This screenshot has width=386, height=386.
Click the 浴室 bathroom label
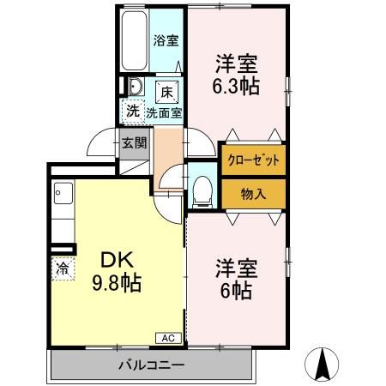[166, 39]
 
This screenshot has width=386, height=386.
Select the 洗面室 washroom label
[163, 112]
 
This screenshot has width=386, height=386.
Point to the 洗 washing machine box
[133, 110]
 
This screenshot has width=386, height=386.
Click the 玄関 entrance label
[133, 143]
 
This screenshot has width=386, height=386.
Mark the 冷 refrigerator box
[62, 268]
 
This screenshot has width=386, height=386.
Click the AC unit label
[168, 338]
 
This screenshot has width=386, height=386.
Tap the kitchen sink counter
[63, 214]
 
